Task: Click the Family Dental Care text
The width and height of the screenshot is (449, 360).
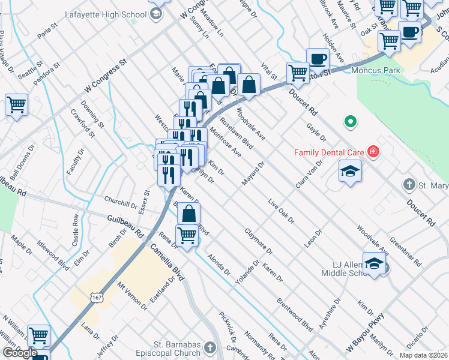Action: pos(330,152)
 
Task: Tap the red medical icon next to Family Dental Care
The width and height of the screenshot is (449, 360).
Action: pos(373,151)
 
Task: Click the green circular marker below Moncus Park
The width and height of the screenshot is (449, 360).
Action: pos(350,123)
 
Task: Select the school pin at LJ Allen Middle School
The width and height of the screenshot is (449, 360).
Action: pos(374,265)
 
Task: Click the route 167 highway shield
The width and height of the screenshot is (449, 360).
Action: pos(98,297)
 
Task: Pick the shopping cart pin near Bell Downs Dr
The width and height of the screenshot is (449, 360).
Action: pos(16,104)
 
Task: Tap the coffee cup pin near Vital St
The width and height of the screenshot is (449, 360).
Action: pos(318,59)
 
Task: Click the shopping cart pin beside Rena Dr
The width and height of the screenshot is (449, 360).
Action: pos(187,235)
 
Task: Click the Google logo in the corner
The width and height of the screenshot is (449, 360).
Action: pos(19,353)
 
